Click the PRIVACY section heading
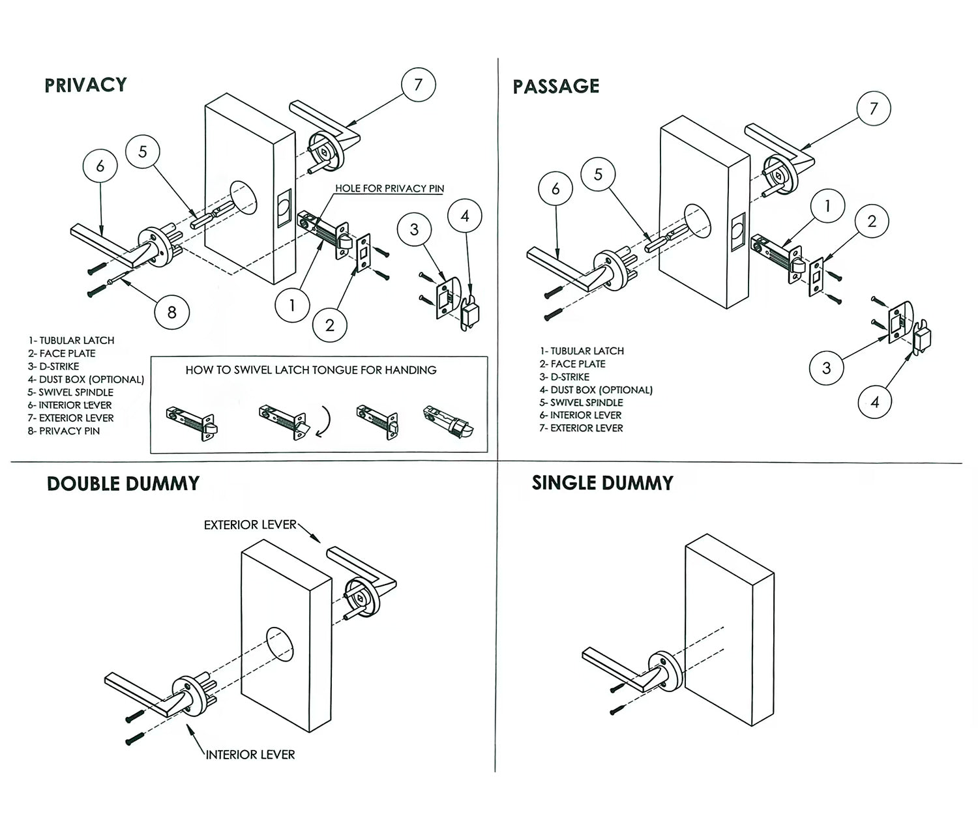[85, 85]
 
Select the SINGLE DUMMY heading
[602, 483]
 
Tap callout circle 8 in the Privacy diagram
[171, 312]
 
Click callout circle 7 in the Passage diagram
[874, 109]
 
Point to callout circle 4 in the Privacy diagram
[465, 216]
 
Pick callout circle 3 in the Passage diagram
[826, 368]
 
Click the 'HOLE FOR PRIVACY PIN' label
[389, 188]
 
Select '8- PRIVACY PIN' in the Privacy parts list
[64, 431]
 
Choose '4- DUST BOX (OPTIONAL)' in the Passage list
[596, 390]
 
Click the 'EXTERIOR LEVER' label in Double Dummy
[250, 525]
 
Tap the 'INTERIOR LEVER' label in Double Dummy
[250, 755]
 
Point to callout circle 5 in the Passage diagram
[598, 175]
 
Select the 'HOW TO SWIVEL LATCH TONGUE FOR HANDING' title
[311, 370]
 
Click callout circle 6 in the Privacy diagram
[100, 166]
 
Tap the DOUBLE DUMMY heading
[123, 484]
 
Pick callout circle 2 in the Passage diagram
[872, 222]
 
